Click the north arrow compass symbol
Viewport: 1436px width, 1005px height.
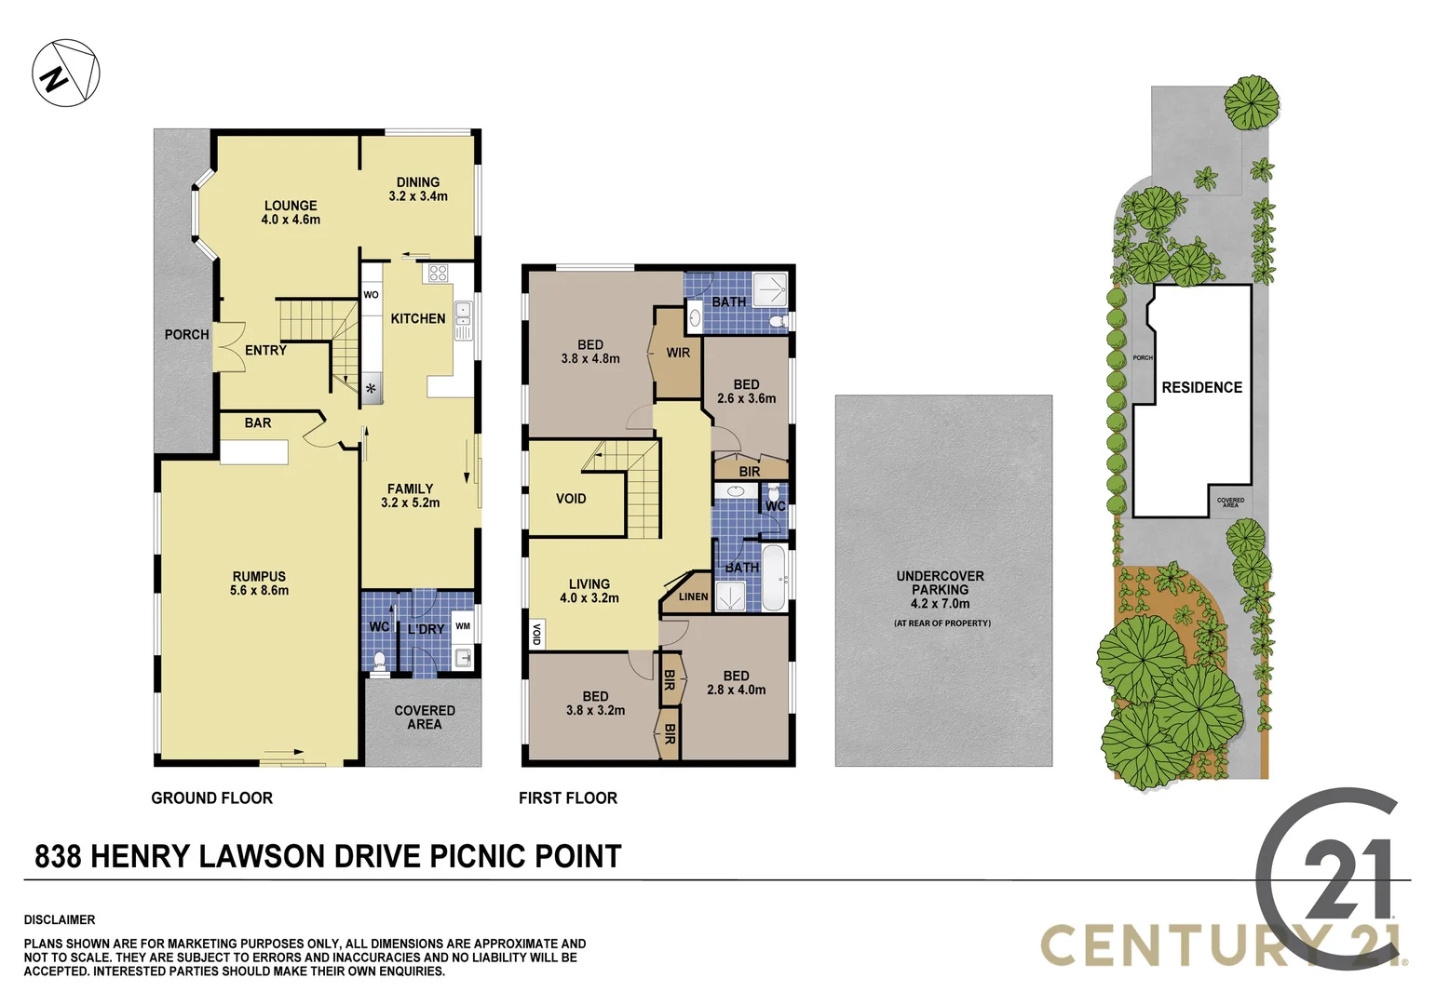65,73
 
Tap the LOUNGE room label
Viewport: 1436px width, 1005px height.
291,206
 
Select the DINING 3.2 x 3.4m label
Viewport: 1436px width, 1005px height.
418,189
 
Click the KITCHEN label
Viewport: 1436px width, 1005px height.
417,318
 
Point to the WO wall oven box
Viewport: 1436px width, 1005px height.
371,295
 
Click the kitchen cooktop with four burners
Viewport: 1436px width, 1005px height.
436,274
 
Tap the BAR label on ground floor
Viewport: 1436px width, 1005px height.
258,422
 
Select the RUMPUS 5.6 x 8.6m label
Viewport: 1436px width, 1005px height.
260,583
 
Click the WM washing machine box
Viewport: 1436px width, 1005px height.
463,626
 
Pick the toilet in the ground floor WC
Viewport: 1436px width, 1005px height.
379,660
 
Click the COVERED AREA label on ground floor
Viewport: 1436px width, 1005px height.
425,717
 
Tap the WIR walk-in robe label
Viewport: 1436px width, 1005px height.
678,353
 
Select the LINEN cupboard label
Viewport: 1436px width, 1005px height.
693,596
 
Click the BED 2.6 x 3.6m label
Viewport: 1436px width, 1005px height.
746,391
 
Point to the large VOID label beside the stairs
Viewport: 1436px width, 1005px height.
571,499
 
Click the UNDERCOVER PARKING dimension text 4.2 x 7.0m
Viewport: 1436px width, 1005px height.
940,603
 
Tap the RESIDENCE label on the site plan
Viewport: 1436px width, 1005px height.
1201,387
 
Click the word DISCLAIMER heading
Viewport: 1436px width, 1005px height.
60,919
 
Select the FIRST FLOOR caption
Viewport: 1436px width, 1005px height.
568,797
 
